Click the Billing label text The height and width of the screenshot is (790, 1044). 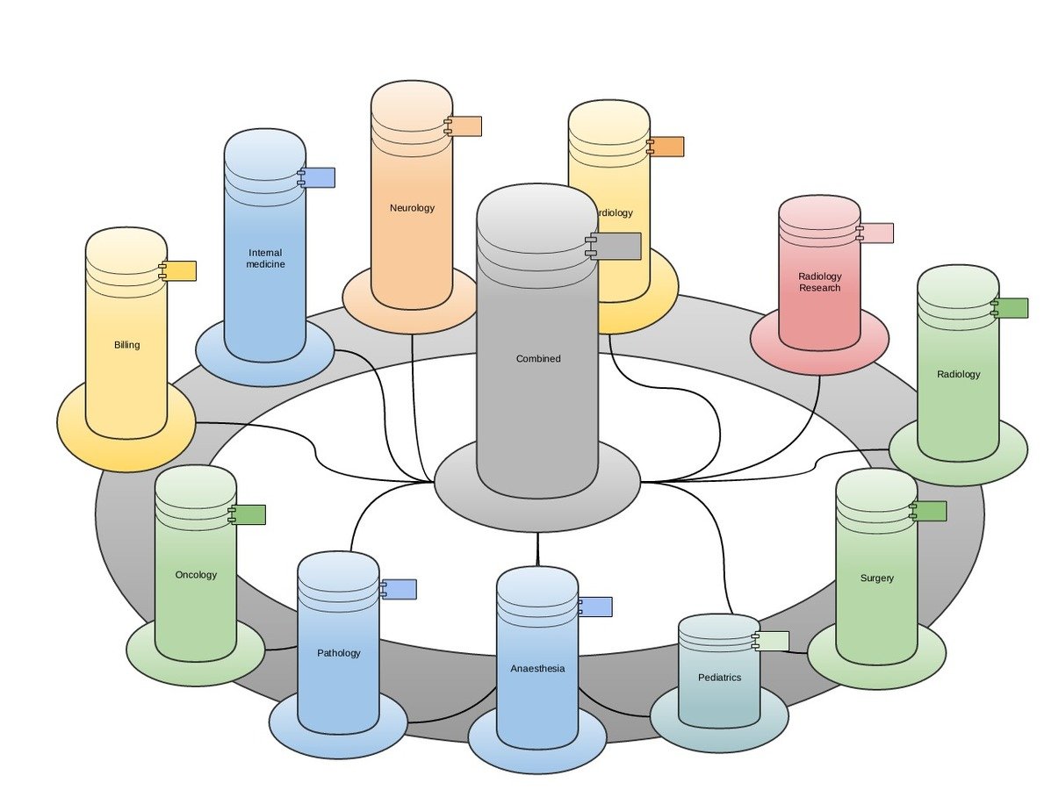click(126, 345)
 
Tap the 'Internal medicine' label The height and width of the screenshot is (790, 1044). click(265, 258)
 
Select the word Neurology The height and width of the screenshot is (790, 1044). click(412, 208)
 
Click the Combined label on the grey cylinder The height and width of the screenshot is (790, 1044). click(537, 359)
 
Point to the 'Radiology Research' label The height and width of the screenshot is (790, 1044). click(819, 282)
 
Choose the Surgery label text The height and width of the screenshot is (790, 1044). click(876, 578)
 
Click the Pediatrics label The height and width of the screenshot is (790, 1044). click(719, 678)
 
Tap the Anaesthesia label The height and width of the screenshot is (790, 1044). click(537, 669)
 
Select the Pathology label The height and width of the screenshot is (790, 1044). click(338, 653)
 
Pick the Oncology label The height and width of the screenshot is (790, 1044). click(196, 575)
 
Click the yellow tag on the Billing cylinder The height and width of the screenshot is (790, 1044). click(180, 271)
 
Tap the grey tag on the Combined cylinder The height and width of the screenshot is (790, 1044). click(617, 247)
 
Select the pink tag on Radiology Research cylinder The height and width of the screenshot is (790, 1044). click(877, 233)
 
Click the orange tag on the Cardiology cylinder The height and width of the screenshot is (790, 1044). click(667, 147)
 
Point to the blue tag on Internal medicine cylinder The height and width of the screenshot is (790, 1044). click(319, 177)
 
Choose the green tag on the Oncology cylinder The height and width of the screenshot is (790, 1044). click(249, 515)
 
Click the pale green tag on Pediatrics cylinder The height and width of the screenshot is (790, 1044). click(773, 641)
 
